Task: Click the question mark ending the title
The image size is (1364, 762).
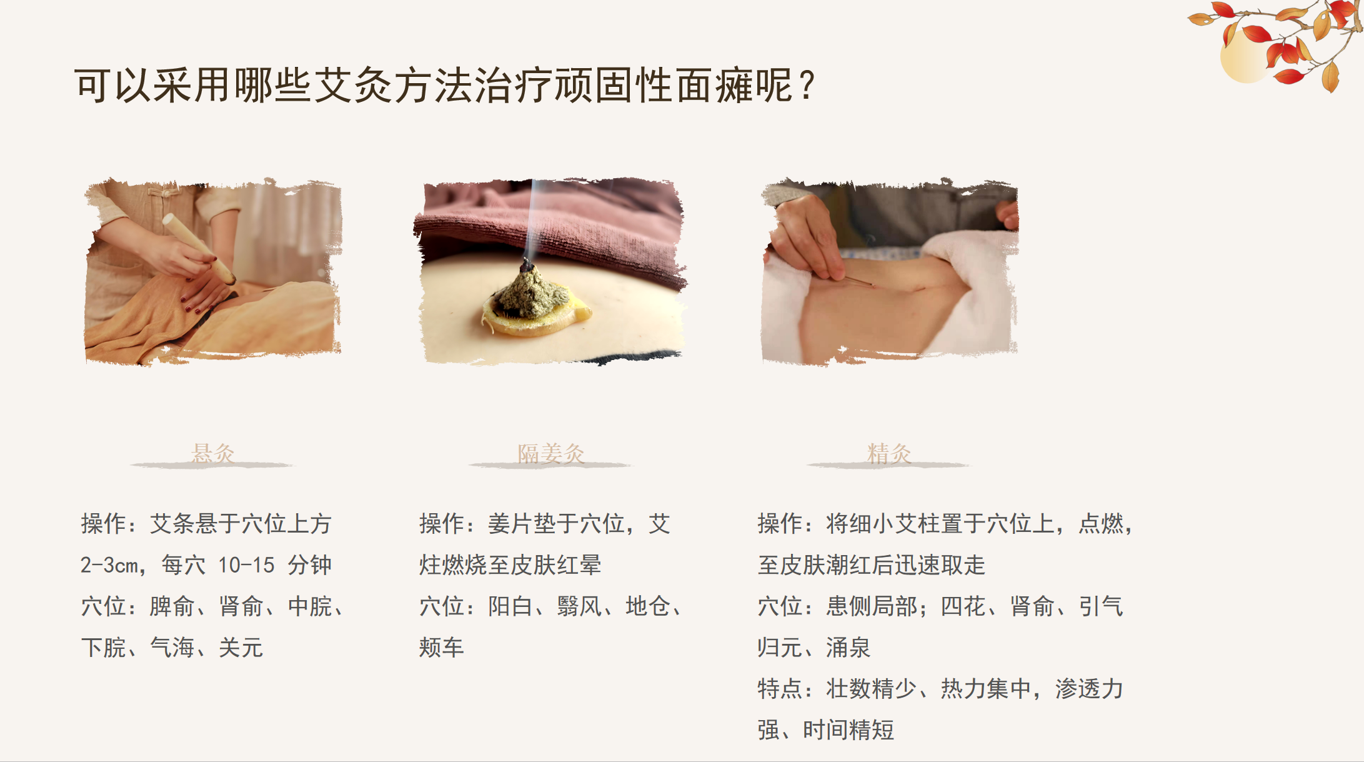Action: [807, 86]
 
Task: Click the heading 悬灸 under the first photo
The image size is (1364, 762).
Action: [212, 453]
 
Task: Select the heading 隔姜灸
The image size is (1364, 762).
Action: [550, 453]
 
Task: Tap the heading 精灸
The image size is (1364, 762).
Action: [889, 453]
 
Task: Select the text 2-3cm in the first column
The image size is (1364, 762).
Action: [109, 565]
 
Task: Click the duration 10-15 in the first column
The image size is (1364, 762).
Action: [246, 565]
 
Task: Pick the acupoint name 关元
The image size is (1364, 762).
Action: [241, 648]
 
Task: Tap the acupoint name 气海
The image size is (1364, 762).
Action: [172, 648]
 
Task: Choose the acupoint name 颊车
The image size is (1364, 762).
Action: [441, 648]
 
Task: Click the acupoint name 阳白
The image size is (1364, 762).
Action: [510, 606]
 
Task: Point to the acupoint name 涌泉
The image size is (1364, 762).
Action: [849, 648]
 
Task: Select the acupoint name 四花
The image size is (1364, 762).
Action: [963, 606]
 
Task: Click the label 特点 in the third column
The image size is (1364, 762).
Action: [780, 689]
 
